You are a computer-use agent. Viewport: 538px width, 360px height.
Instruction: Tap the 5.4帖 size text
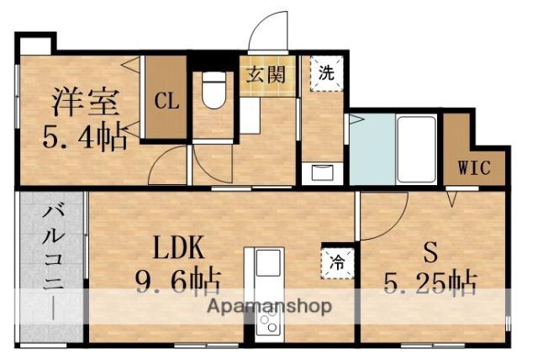click(87, 135)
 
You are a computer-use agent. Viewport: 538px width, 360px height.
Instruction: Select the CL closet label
click(166, 102)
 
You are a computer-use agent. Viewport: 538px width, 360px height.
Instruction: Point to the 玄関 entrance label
click(266, 72)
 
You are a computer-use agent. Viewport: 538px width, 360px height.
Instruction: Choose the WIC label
click(474, 166)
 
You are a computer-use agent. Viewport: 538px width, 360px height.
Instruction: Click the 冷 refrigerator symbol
click(333, 260)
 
